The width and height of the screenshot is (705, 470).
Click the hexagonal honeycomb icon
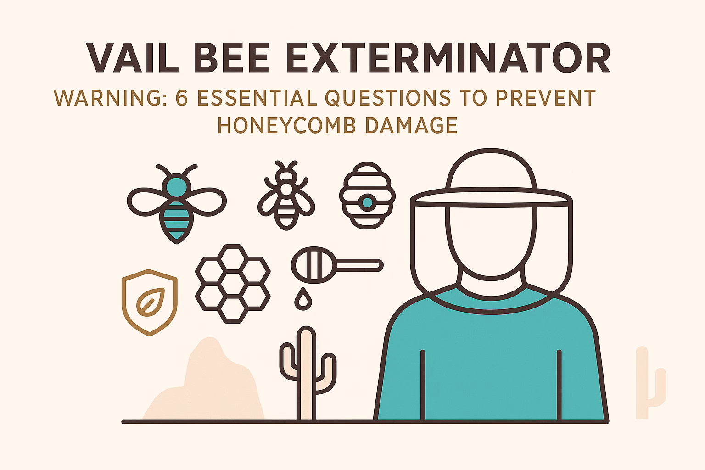pos(233,283)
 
